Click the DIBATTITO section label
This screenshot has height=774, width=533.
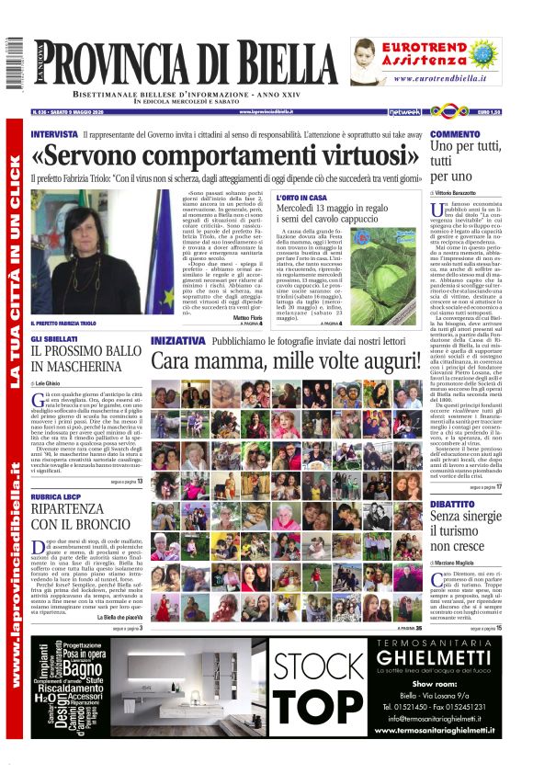[x=453, y=505]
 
